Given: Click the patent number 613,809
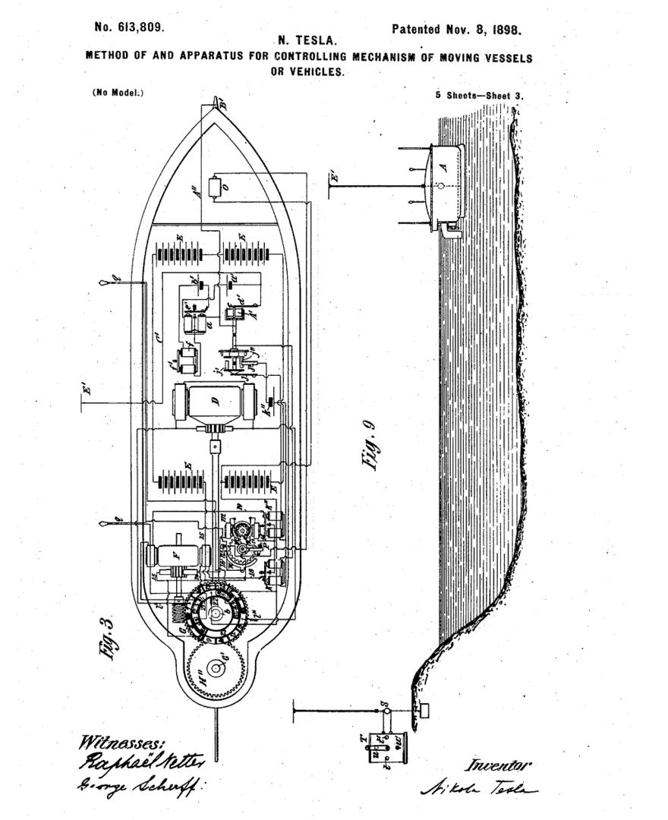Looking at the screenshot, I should click(129, 27).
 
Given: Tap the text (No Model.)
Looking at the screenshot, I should click(118, 93).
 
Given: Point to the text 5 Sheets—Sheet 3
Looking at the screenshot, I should click(480, 96).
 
